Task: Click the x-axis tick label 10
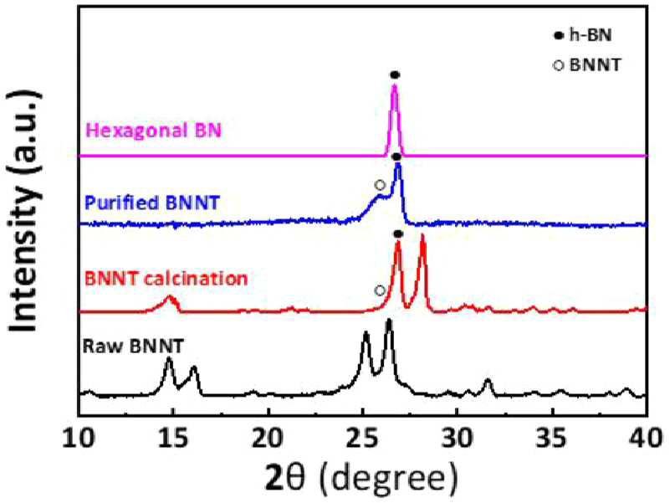tap(79, 439)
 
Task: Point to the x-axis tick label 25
tap(363, 439)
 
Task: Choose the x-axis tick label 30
tap(458, 439)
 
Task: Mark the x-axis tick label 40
tap(647, 439)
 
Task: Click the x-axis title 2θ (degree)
tap(361, 479)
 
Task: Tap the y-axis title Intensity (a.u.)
tap(25, 211)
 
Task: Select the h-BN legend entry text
tap(591, 35)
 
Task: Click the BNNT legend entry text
tap(595, 65)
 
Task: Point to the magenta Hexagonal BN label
tap(154, 130)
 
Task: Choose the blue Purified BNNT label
tap(152, 203)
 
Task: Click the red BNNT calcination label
tap(166, 279)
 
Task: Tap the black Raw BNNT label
tap(133, 346)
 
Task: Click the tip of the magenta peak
tap(395, 85)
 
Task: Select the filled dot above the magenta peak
tap(395, 75)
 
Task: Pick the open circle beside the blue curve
tap(380, 185)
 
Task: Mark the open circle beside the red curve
tap(380, 291)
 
